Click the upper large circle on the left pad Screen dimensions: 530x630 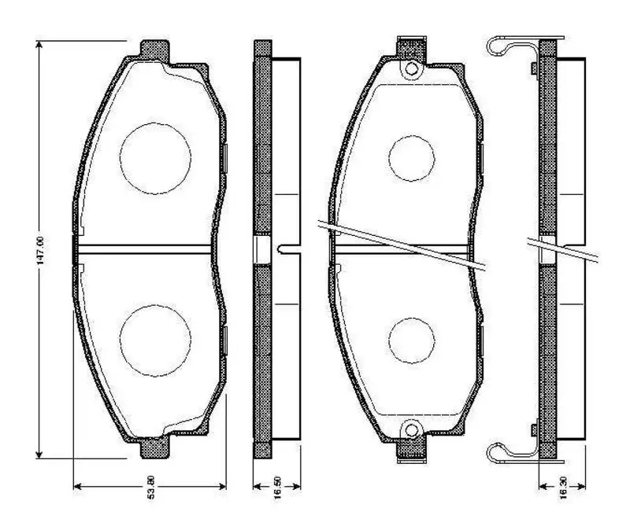[155, 157]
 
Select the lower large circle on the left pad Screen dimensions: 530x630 [155, 339]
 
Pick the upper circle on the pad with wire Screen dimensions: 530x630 [411, 157]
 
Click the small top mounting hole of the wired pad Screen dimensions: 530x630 [410, 70]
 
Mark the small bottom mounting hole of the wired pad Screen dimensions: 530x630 [410, 430]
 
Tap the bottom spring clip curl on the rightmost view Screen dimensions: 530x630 [496, 452]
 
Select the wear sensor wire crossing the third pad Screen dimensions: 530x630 [402, 246]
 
